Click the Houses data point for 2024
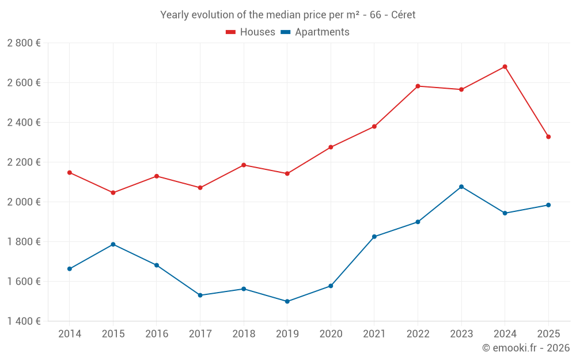tap(505, 67)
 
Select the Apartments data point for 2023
tap(461, 187)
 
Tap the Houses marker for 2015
tap(113, 192)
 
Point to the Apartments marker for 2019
tap(287, 301)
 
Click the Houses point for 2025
tap(548, 137)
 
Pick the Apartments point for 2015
tap(113, 244)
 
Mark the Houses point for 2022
tap(418, 86)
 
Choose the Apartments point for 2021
tap(374, 237)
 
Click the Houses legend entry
tap(251, 32)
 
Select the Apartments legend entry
tap(315, 32)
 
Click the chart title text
tap(287, 15)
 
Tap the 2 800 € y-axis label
tap(24, 43)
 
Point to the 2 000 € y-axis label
tap(24, 202)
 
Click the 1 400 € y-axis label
tap(24, 321)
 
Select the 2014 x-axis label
tap(70, 334)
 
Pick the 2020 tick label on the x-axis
tap(331, 334)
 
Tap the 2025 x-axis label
tap(548, 334)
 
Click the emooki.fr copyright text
tap(525, 348)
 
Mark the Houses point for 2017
tap(200, 188)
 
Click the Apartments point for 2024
tap(505, 213)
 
